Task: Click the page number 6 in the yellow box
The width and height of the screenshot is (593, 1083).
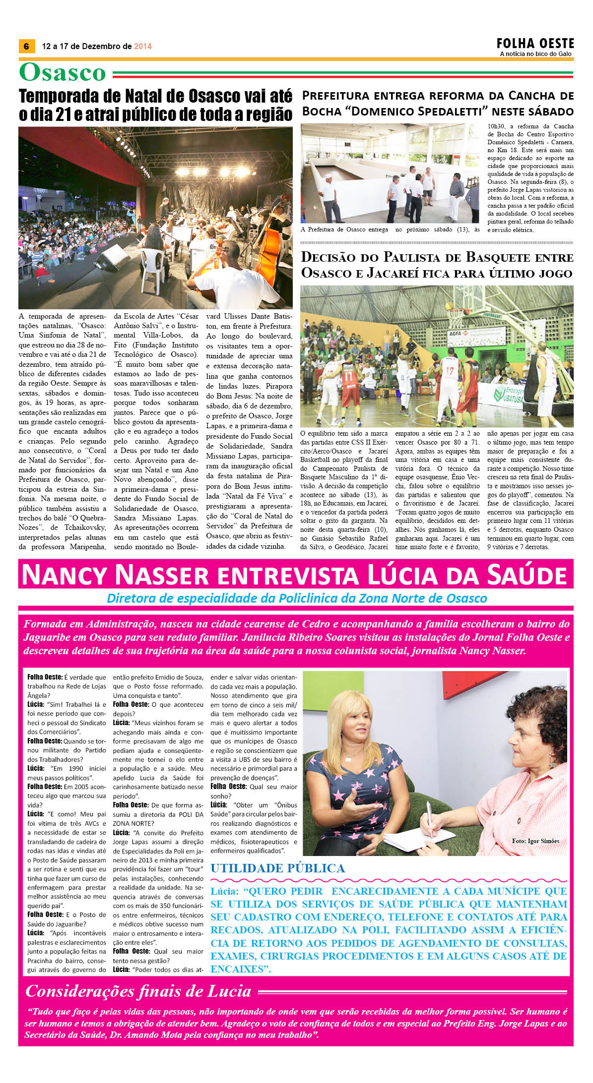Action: pyautogui.click(x=26, y=46)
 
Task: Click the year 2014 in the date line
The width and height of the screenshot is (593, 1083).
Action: pyautogui.click(x=143, y=47)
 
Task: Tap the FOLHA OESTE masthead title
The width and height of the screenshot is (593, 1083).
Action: pyautogui.click(x=535, y=44)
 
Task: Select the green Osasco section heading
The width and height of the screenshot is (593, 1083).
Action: pyautogui.click(x=63, y=73)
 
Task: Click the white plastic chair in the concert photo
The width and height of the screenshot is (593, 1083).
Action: pyautogui.click(x=151, y=268)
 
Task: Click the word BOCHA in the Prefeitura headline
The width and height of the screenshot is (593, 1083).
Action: pyautogui.click(x=322, y=111)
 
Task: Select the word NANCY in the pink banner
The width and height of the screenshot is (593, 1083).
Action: pyautogui.click(x=64, y=575)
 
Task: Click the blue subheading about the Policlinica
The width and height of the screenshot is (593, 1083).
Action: pyautogui.click(x=297, y=598)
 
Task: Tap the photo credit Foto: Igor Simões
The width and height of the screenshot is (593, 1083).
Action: pyautogui.click(x=535, y=841)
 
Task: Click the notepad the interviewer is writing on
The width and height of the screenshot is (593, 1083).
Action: pyautogui.click(x=419, y=837)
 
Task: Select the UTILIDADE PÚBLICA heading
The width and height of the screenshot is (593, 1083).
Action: pyautogui.click(x=277, y=868)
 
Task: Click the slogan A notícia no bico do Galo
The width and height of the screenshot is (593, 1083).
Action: pyautogui.click(x=535, y=54)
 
